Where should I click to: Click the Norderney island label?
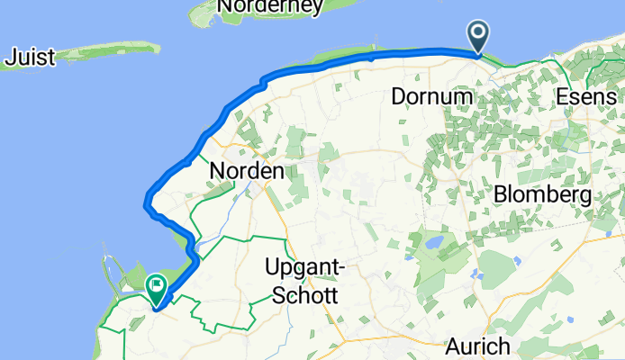(x=271, y=7)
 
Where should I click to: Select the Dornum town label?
(x=432, y=95)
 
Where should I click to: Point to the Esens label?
(x=587, y=96)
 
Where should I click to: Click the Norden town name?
(x=246, y=170)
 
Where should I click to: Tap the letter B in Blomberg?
(x=500, y=194)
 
